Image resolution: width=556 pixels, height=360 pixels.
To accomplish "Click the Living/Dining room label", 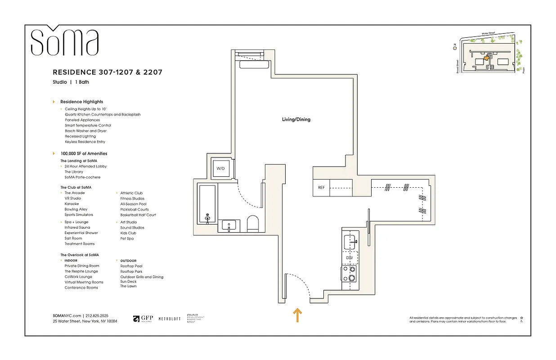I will pos(296,120).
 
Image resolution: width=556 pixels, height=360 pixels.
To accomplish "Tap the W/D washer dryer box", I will pos(220,169).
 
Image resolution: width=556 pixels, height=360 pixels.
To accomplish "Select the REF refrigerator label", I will pos(321,188).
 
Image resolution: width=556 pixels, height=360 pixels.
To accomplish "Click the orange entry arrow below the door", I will pos(297,315).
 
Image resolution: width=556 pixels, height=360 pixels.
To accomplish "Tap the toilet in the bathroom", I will pos(253,224).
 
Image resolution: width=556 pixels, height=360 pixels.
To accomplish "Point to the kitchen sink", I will pos(350,242).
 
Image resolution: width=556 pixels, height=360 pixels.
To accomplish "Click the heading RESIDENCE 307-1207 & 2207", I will pos(108,72).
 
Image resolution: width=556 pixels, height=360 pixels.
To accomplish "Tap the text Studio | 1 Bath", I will pos(71,82).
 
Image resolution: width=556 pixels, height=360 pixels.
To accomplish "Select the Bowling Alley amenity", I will pos(76,209).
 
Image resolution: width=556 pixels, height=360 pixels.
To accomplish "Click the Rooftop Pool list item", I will pos(131,266).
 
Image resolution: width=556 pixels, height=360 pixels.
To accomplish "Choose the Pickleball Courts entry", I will pos(134,209).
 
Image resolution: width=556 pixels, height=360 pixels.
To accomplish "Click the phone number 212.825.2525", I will pos(97,316).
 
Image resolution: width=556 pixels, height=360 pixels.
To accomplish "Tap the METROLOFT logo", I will pos(169,319).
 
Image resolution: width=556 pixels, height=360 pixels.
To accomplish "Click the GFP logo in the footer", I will pos(143,319).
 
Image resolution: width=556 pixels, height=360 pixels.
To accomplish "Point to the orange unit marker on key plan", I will pos(486,58).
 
